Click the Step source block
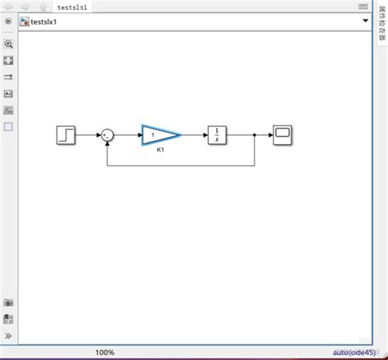pyautogui.click(x=66, y=135)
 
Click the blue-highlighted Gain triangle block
pyautogui.click(x=158, y=135)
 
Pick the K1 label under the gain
pyautogui.click(x=161, y=151)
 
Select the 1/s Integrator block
pyautogui.click(x=216, y=135)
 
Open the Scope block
pyautogui.click(x=283, y=135)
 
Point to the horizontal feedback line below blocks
pyautogui.click(x=180, y=165)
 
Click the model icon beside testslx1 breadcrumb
pyautogui.click(x=25, y=21)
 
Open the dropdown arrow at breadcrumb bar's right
pyautogui.click(x=365, y=21)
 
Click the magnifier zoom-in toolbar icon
pyautogui.click(x=8, y=44)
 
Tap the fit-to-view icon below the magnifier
pyautogui.click(x=8, y=61)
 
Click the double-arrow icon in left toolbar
pyautogui.click(x=8, y=77)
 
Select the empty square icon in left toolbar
pyautogui.click(x=8, y=127)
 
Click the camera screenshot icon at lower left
pyautogui.click(x=8, y=303)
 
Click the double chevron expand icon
pyautogui.click(x=8, y=335)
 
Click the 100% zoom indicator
pyautogui.click(x=105, y=353)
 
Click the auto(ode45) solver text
pyautogui.click(x=354, y=352)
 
